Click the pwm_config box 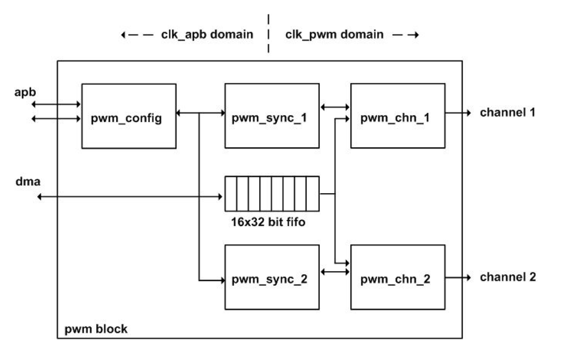(x=129, y=116)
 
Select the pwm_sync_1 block (x=272, y=116)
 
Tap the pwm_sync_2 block (x=272, y=277)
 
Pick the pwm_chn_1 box (x=397, y=116)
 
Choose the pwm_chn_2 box (x=397, y=277)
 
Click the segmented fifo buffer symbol (x=272, y=194)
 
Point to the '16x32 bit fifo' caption (x=268, y=222)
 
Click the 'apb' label (x=25, y=92)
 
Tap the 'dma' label (x=28, y=181)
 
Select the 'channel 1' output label (x=507, y=112)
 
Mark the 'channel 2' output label (x=507, y=277)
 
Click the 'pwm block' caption (x=96, y=329)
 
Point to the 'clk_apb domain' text (x=207, y=34)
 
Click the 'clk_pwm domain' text (x=334, y=34)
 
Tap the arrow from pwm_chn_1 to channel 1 (x=458, y=113)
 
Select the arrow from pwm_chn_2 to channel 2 (x=458, y=278)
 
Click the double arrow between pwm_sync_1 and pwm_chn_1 (x=335, y=107)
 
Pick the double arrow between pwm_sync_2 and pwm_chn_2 (x=335, y=272)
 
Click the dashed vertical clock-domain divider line (x=268, y=34)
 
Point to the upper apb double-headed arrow (x=56, y=104)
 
